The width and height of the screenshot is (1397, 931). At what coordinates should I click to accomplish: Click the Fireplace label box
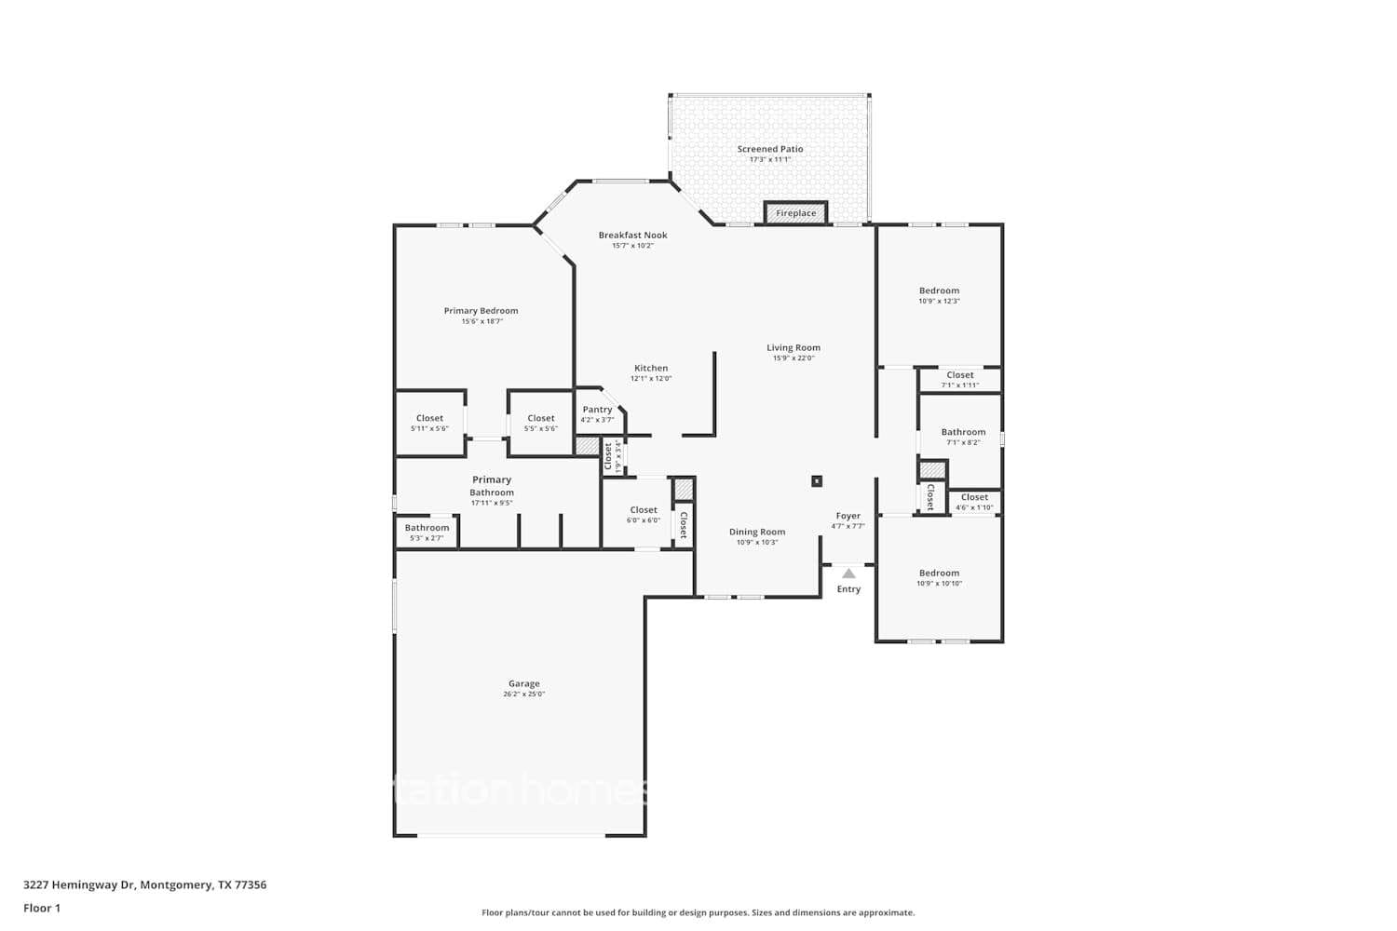pyautogui.click(x=795, y=213)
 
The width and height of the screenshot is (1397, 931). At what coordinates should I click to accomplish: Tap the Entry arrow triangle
pyautogui.click(x=848, y=573)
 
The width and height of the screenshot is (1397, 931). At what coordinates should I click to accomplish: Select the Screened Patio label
pyautogui.click(x=769, y=149)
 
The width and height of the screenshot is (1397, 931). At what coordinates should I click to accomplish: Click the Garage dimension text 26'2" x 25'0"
pyautogui.click(x=523, y=695)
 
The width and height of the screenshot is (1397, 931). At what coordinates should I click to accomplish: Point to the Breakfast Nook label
pyautogui.click(x=632, y=236)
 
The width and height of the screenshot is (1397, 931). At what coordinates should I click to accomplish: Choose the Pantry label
pyautogui.click(x=597, y=410)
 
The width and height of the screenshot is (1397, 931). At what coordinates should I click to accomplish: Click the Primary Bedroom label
pyautogui.click(x=481, y=311)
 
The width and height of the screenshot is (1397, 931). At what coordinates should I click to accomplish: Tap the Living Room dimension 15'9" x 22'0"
pyautogui.click(x=793, y=358)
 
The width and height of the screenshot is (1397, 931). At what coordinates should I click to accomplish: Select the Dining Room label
pyautogui.click(x=756, y=533)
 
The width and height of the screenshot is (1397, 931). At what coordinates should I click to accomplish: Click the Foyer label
pyautogui.click(x=848, y=516)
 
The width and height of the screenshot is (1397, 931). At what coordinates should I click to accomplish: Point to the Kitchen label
pyautogui.click(x=651, y=369)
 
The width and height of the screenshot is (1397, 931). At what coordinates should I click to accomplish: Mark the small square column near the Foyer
pyautogui.click(x=817, y=481)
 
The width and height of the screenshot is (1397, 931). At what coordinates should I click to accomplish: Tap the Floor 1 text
pyautogui.click(x=42, y=909)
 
